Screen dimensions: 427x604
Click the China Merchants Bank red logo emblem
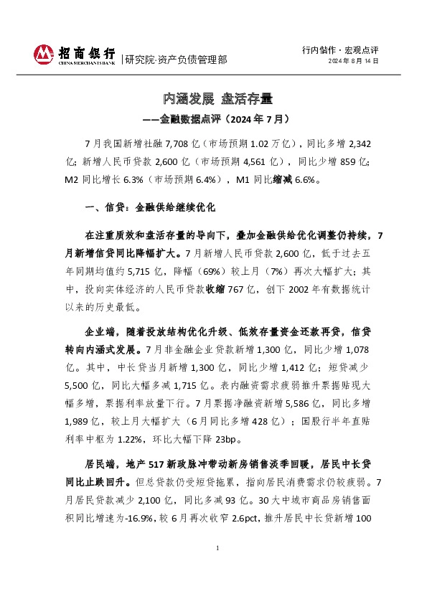(x=44, y=55)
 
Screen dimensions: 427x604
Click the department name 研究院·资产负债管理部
(x=176, y=60)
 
